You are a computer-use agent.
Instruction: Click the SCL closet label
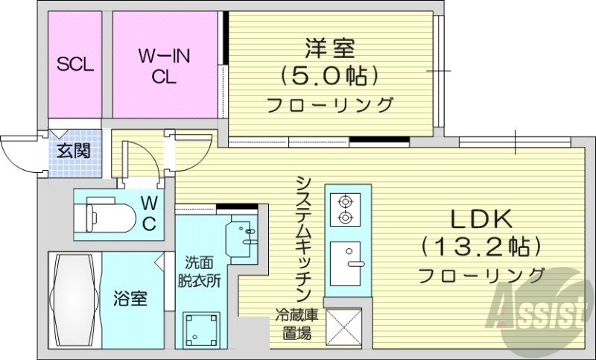click(75, 64)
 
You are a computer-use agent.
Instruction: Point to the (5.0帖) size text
click(329, 75)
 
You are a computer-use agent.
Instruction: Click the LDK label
click(481, 219)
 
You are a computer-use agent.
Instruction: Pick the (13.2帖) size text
click(481, 246)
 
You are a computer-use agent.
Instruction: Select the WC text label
click(149, 212)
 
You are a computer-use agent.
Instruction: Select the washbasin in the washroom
click(244, 233)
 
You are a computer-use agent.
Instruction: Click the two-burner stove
click(344, 209)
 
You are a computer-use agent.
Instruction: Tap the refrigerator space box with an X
click(343, 327)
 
